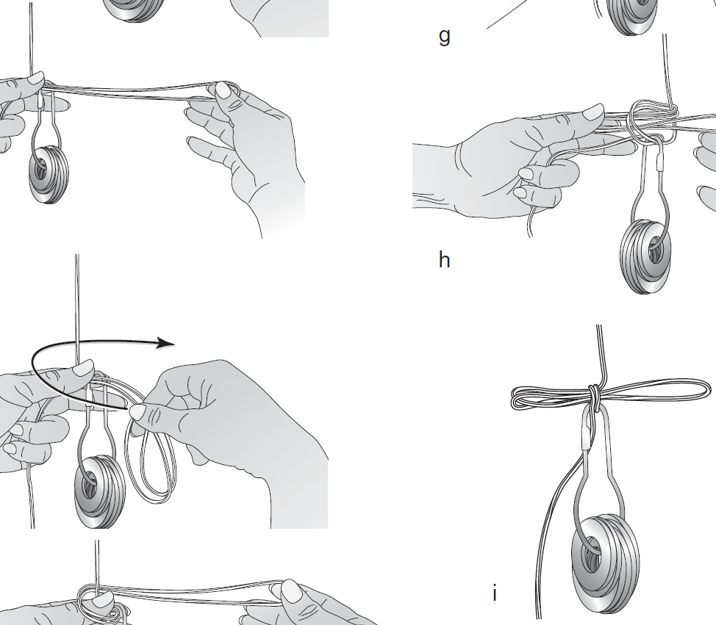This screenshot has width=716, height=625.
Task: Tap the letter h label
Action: tap(444, 259)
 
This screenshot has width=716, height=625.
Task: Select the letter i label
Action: tap(495, 593)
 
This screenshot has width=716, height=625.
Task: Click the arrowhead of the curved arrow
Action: tap(166, 343)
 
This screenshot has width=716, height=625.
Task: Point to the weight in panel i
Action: tap(606, 565)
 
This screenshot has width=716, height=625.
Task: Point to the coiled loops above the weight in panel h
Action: tap(651, 120)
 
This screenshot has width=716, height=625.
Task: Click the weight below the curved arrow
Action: tap(99, 492)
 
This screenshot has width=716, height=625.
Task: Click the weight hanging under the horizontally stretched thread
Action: tap(49, 175)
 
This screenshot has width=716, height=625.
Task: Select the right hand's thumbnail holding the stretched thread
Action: tap(225, 90)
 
